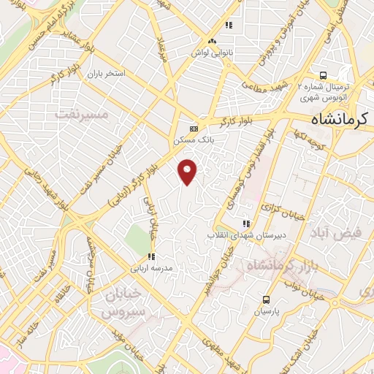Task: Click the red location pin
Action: [188, 171]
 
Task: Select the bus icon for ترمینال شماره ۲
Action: [323, 75]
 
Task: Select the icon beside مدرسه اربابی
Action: [151, 256]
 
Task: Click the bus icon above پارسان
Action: [266, 299]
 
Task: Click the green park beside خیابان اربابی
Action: [134, 237]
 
